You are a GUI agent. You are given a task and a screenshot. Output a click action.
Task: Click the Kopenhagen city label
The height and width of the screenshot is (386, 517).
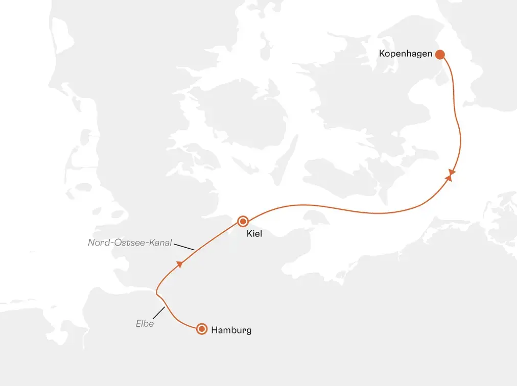406,53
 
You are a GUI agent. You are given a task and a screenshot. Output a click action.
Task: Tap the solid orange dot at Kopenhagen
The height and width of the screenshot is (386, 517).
439,54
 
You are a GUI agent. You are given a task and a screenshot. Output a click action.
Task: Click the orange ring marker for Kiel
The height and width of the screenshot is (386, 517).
243,221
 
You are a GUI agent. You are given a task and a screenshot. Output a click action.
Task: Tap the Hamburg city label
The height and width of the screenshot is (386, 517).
231,330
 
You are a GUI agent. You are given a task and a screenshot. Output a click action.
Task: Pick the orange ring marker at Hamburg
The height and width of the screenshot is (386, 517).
202,329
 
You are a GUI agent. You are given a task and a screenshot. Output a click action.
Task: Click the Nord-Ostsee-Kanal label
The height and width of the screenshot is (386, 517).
130,243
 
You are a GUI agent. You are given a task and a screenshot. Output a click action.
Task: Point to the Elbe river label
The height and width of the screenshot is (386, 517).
145,323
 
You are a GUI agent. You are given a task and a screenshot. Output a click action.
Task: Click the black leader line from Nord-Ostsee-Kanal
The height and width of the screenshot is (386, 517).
184,247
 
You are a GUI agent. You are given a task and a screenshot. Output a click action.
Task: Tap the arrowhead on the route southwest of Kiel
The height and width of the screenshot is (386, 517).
179,264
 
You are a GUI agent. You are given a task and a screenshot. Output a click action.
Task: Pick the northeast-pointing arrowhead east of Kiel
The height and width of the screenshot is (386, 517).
449,178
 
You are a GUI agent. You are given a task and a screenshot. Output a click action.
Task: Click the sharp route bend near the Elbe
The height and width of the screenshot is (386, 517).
156,293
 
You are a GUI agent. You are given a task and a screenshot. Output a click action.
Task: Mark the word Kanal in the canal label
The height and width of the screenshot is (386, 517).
159,243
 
